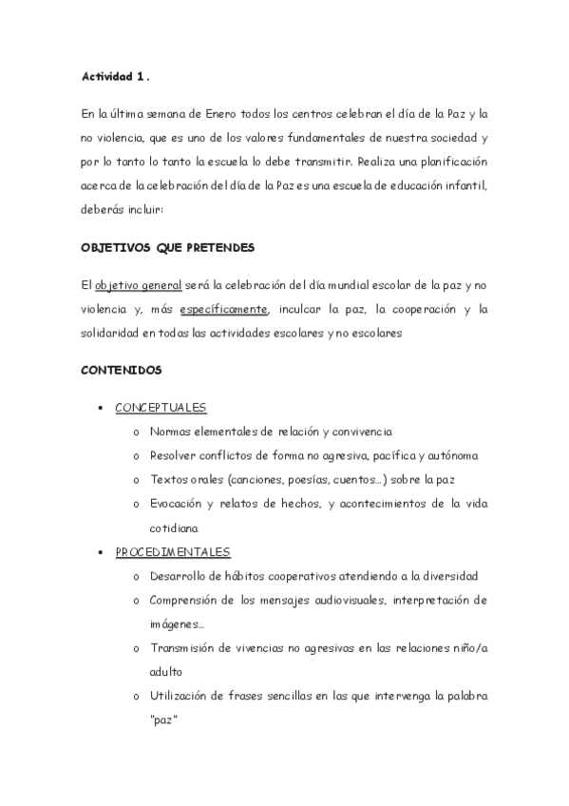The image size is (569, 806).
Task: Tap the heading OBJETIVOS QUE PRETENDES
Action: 166,247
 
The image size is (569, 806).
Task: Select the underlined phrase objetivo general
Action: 132,285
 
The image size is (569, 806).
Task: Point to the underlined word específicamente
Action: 224,309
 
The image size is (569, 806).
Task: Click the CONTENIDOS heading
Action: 122,369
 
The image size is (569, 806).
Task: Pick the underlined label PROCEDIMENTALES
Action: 172,551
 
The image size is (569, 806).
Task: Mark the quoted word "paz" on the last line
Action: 165,720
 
